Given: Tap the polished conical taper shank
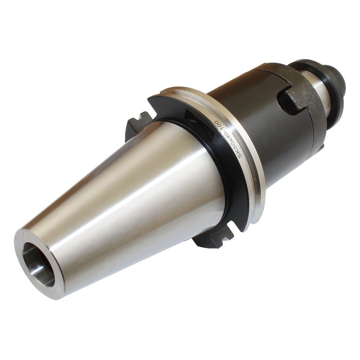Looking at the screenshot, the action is [x=129, y=200].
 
